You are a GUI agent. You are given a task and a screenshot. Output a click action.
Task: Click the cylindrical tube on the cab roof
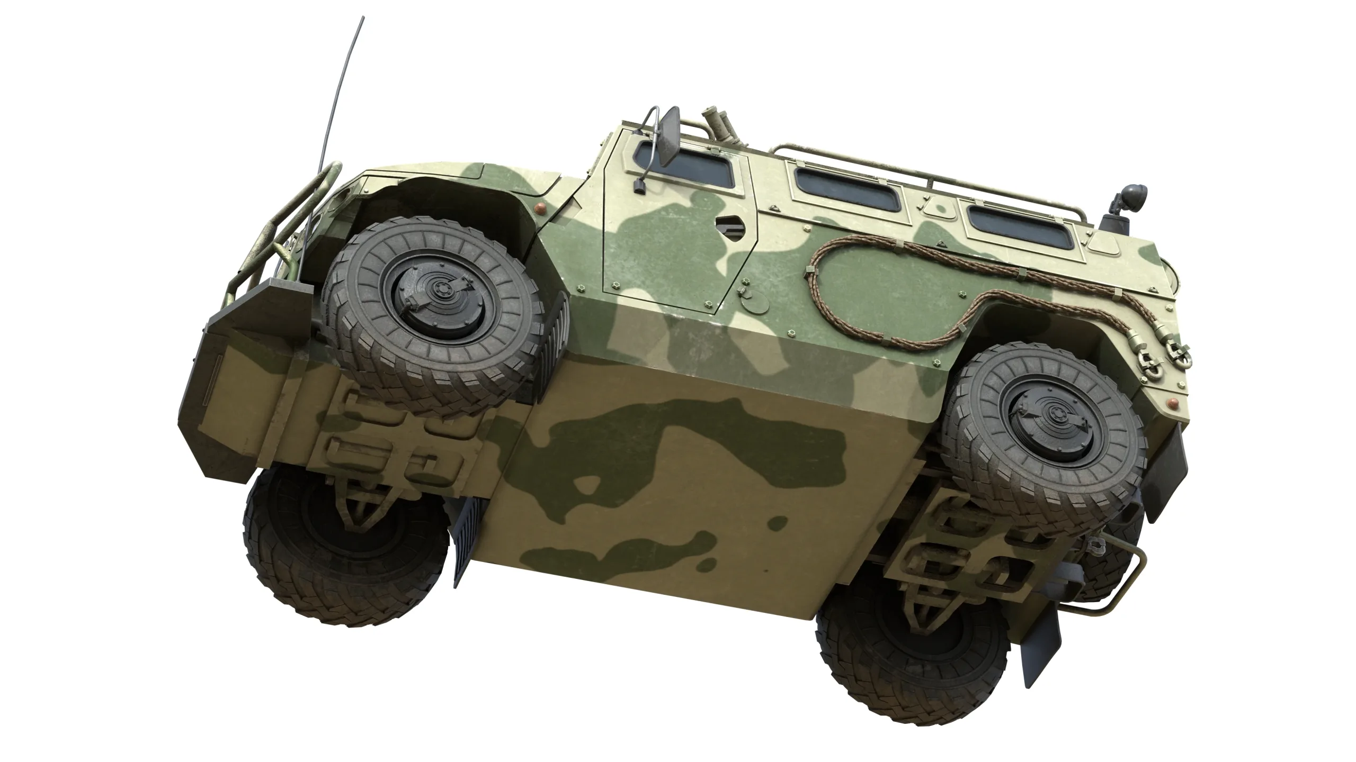point(719,127)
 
